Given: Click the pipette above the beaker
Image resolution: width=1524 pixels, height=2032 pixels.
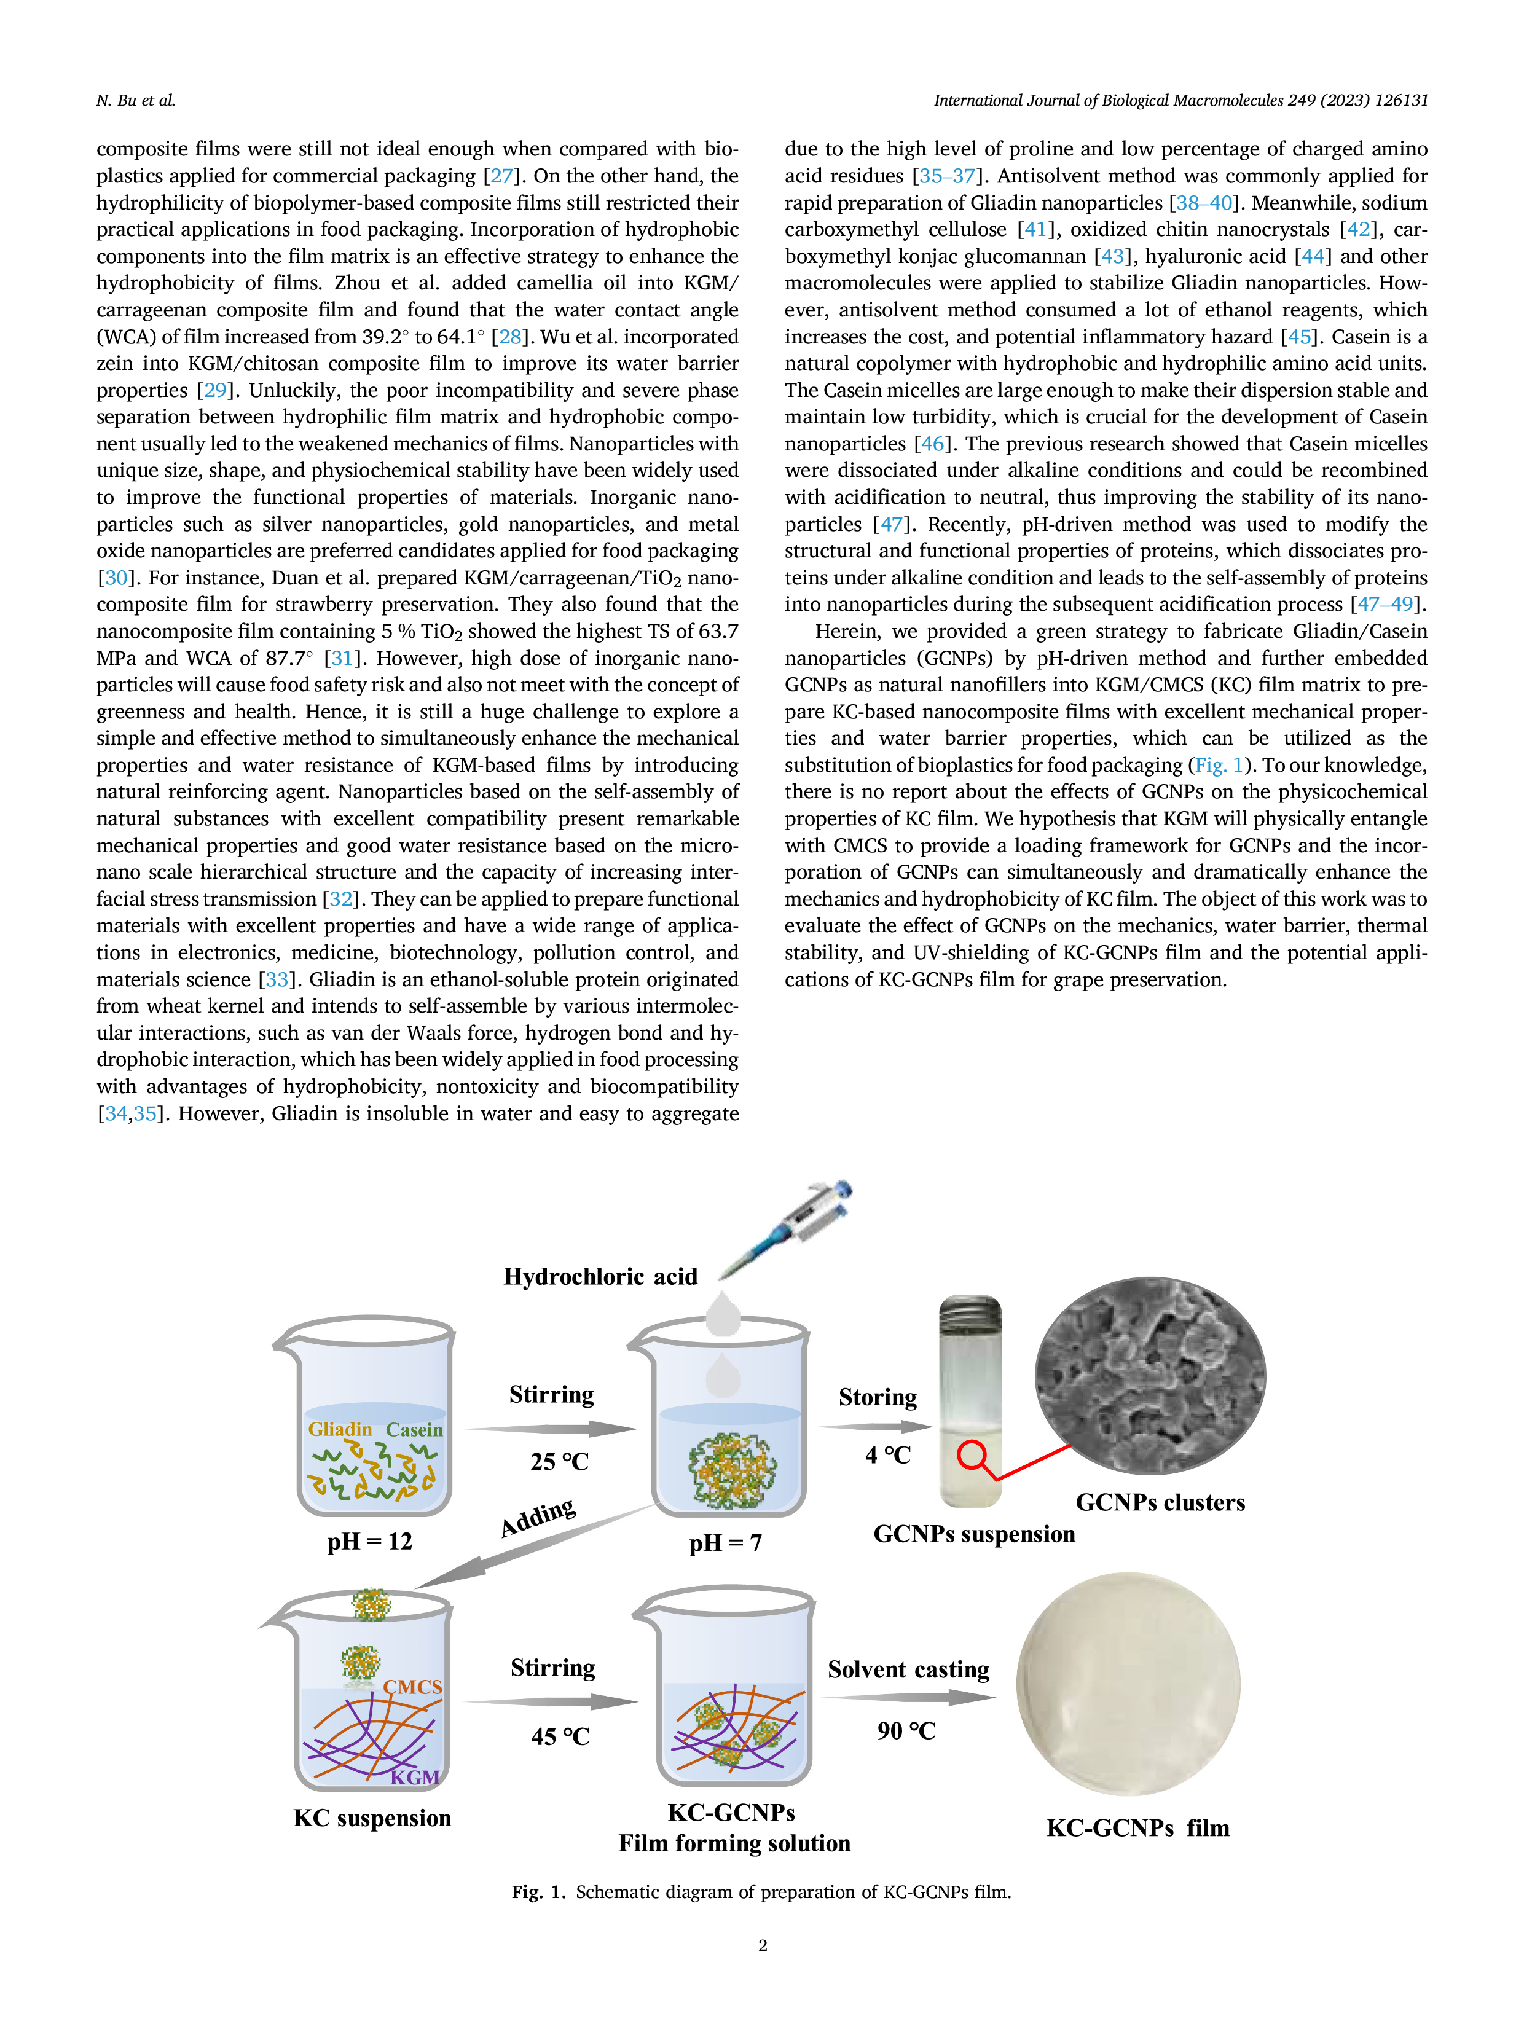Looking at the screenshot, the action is (x=785, y=1228).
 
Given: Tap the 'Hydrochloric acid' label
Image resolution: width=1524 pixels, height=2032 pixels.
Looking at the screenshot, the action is (x=600, y=1276).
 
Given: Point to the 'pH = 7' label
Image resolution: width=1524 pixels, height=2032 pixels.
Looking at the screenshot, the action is (x=725, y=1542).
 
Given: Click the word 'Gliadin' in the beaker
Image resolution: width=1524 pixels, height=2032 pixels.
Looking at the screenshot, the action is (x=340, y=1429).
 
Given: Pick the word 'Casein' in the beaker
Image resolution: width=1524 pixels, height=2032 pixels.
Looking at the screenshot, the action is (x=414, y=1429).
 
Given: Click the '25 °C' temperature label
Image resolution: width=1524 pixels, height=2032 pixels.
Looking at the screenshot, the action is (x=559, y=1462).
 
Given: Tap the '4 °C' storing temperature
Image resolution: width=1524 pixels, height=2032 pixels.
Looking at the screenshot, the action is (x=887, y=1455).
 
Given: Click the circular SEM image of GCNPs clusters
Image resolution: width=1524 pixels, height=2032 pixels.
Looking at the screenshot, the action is (x=1150, y=1375).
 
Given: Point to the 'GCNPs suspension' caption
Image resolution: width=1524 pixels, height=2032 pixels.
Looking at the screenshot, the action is (x=974, y=1534).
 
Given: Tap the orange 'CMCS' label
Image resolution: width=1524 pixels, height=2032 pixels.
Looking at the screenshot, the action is (x=412, y=1687).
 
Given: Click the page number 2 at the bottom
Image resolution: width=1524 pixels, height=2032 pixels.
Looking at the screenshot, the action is (x=763, y=1945).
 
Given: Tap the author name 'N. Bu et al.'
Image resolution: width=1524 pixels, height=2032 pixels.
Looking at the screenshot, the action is (x=136, y=100).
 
